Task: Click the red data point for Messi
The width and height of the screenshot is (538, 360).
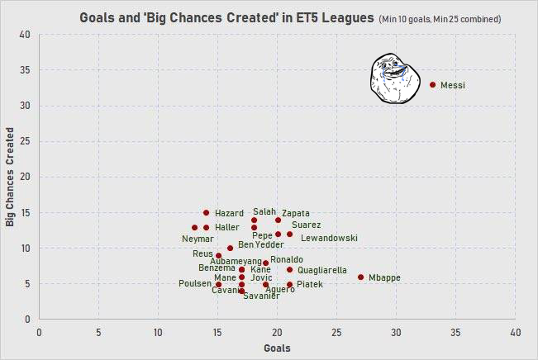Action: (432, 84)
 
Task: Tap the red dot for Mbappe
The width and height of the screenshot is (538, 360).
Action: (360, 277)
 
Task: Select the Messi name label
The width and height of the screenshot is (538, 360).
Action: (454, 85)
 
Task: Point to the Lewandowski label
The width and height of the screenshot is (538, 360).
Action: (329, 238)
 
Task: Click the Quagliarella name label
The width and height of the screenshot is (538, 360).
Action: (321, 270)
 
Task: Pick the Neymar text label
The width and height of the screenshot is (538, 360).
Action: (198, 239)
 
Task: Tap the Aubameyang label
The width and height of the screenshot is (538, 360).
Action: (236, 262)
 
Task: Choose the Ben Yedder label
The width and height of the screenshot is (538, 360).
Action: (260, 244)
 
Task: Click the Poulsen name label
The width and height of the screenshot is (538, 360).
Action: (195, 284)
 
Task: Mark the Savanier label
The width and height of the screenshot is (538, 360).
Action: (260, 296)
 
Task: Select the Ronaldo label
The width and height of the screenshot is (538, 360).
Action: (286, 260)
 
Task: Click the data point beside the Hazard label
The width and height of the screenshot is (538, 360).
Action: (206, 213)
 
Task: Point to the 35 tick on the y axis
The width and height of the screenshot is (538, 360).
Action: (25, 70)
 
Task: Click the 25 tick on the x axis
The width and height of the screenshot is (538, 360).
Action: (336, 332)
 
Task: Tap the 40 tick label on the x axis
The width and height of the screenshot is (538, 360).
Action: (515, 332)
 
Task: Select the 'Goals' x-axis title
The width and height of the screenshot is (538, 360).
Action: (277, 348)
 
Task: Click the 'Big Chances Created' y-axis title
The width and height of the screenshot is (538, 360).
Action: (10, 177)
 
